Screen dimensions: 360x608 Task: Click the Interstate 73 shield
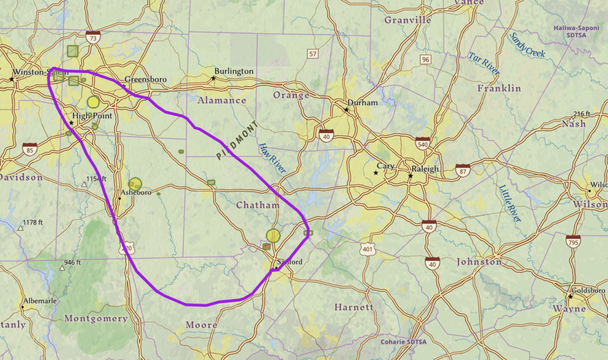93,38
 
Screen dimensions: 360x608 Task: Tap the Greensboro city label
146,80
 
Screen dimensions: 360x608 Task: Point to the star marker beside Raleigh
411,177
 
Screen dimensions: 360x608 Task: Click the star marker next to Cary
376,173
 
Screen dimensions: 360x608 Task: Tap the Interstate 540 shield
423,142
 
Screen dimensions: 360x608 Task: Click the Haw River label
272,158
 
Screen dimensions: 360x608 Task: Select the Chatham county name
258,205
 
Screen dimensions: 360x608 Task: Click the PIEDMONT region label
237,141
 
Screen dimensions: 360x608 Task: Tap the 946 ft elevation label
72,263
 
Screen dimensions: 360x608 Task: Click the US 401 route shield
368,249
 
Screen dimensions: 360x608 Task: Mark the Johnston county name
479,262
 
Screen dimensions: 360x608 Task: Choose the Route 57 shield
313,54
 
